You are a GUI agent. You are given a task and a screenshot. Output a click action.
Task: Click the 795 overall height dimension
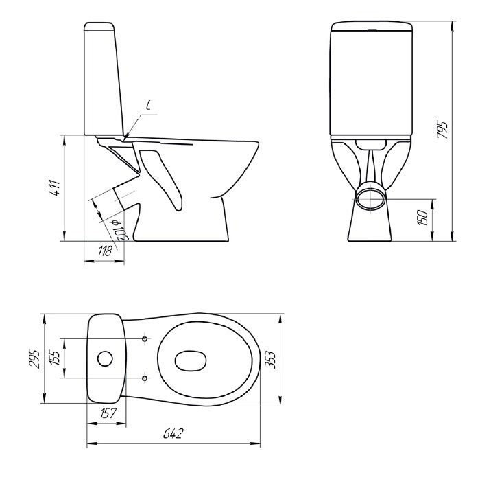[443, 130]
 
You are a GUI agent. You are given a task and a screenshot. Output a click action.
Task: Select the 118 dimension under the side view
[105, 251]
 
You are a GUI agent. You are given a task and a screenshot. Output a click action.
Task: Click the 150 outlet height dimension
[423, 218]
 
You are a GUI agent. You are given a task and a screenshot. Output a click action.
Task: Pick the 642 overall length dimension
[173, 433]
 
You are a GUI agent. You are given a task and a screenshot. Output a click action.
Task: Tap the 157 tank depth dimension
[108, 413]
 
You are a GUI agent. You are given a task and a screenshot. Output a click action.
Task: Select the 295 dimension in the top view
[34, 358]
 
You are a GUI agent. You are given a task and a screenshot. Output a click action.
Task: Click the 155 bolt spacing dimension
[55, 358]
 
